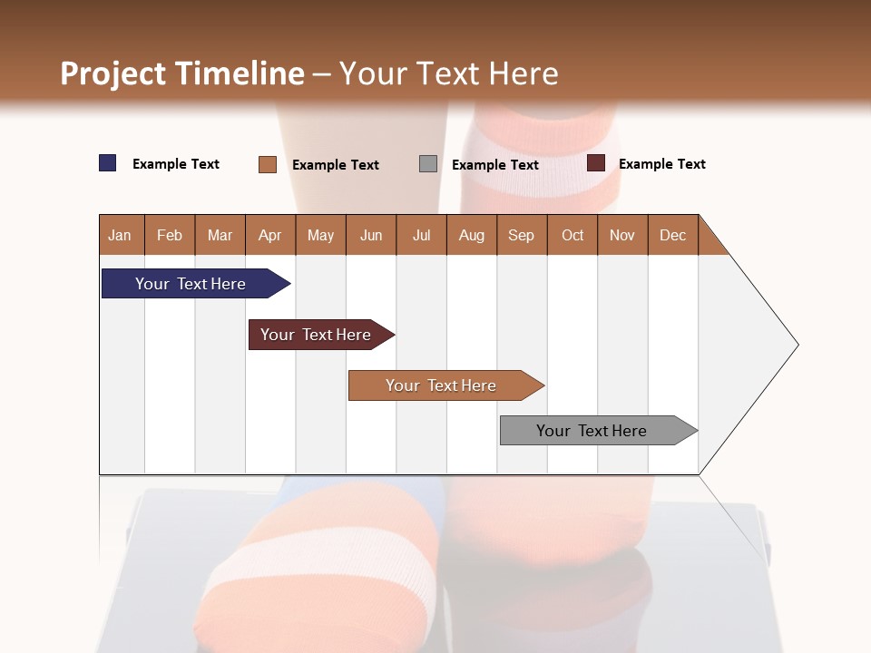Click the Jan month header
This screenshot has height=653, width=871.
click(x=120, y=235)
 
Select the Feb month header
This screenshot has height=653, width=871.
click(x=170, y=235)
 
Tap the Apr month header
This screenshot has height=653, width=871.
click(x=269, y=235)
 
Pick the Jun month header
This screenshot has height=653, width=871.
click(x=371, y=235)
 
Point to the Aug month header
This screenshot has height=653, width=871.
click(x=471, y=235)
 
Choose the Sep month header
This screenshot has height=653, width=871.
click(x=521, y=235)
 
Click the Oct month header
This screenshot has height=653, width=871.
click(x=573, y=235)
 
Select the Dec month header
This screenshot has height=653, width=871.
click(x=672, y=235)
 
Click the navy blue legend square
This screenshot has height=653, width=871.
click(x=108, y=163)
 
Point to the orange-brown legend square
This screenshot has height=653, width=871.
click(x=268, y=164)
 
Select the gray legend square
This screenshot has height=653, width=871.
click(x=428, y=164)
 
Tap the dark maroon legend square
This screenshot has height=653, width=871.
click(x=596, y=163)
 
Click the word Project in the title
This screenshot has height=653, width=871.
click(x=113, y=73)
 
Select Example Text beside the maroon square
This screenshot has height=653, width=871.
click(x=661, y=164)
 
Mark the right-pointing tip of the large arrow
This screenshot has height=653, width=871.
click(x=797, y=345)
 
